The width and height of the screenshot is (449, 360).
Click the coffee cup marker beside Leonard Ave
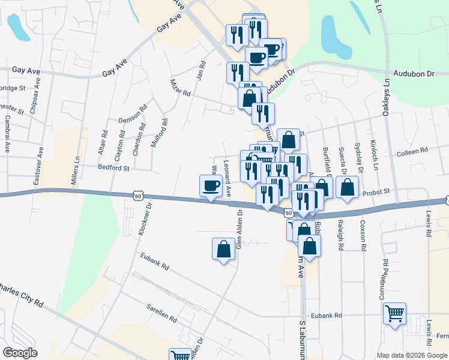pyautogui.click(x=210, y=185)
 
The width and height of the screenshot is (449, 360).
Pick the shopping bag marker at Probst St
pyautogui.click(x=348, y=187)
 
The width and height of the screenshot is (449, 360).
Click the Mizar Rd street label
pyautogui.click(x=179, y=88)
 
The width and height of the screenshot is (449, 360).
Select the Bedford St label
pyautogui.click(x=114, y=169)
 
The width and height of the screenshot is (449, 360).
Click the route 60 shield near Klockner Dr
pyautogui.click(x=138, y=196)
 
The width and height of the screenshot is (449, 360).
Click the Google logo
pyautogui.click(x=20, y=353)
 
